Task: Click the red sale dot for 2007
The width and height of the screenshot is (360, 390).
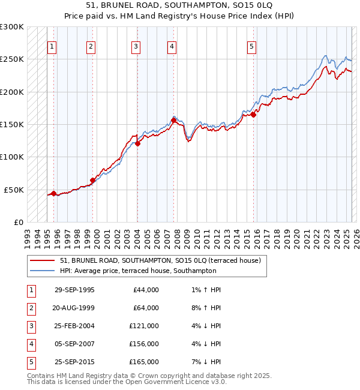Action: (173, 120)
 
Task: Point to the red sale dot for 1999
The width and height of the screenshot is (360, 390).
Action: (92, 180)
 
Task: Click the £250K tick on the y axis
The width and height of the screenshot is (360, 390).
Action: (13, 59)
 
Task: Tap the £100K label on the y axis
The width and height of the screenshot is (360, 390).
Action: (13, 157)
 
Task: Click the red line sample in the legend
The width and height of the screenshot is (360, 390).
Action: (43, 261)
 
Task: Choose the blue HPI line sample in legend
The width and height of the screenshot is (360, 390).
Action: (43, 271)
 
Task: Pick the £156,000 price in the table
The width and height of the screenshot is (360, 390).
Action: (144, 344)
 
